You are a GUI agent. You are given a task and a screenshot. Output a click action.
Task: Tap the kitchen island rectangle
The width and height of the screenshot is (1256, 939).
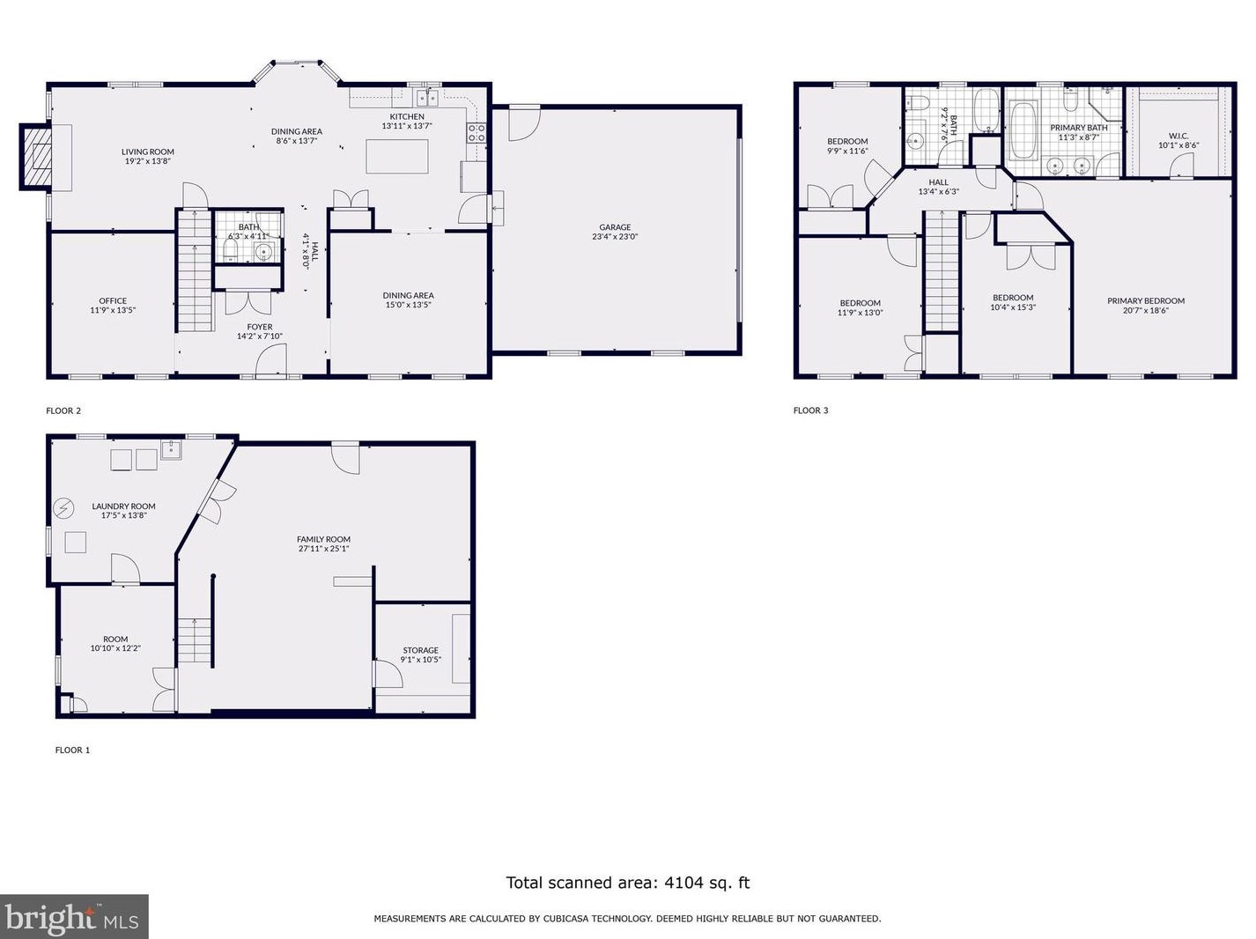[x=396, y=156]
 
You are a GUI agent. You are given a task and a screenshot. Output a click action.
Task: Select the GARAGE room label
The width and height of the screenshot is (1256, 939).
[x=615, y=227]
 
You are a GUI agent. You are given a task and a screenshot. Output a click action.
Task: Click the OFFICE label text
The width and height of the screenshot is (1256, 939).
[x=113, y=301]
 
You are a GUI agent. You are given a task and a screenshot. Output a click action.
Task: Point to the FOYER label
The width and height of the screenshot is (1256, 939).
[x=260, y=328]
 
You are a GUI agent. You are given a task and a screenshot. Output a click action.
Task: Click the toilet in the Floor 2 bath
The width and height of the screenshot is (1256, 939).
[x=230, y=250]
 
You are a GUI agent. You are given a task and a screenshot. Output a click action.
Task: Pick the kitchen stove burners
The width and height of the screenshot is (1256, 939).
[x=477, y=133]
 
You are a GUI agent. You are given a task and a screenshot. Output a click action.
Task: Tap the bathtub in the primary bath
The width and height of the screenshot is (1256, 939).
[x=1022, y=129]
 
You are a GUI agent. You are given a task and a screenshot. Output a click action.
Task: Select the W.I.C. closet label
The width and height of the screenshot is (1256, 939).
[x=1178, y=137]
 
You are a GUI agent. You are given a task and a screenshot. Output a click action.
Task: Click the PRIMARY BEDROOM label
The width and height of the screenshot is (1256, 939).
[x=1146, y=301]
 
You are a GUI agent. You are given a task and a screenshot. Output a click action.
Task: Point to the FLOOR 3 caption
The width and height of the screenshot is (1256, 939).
[x=810, y=410]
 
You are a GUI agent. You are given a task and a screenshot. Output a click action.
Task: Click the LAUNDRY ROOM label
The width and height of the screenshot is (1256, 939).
[x=123, y=506]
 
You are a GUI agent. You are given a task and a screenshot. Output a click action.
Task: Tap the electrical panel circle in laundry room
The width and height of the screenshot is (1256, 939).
[x=63, y=508]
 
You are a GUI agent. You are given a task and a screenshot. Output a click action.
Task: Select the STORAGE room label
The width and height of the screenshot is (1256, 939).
[x=420, y=651]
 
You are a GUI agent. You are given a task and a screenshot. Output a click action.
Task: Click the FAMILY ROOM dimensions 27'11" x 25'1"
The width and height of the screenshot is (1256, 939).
[x=323, y=549]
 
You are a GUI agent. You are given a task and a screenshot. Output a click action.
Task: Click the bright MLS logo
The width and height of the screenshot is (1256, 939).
[x=74, y=917]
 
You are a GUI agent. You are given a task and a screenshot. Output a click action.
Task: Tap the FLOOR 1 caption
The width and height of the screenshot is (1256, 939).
[x=72, y=750]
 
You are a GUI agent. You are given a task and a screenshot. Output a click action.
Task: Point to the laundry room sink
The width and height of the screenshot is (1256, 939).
[x=171, y=450]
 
